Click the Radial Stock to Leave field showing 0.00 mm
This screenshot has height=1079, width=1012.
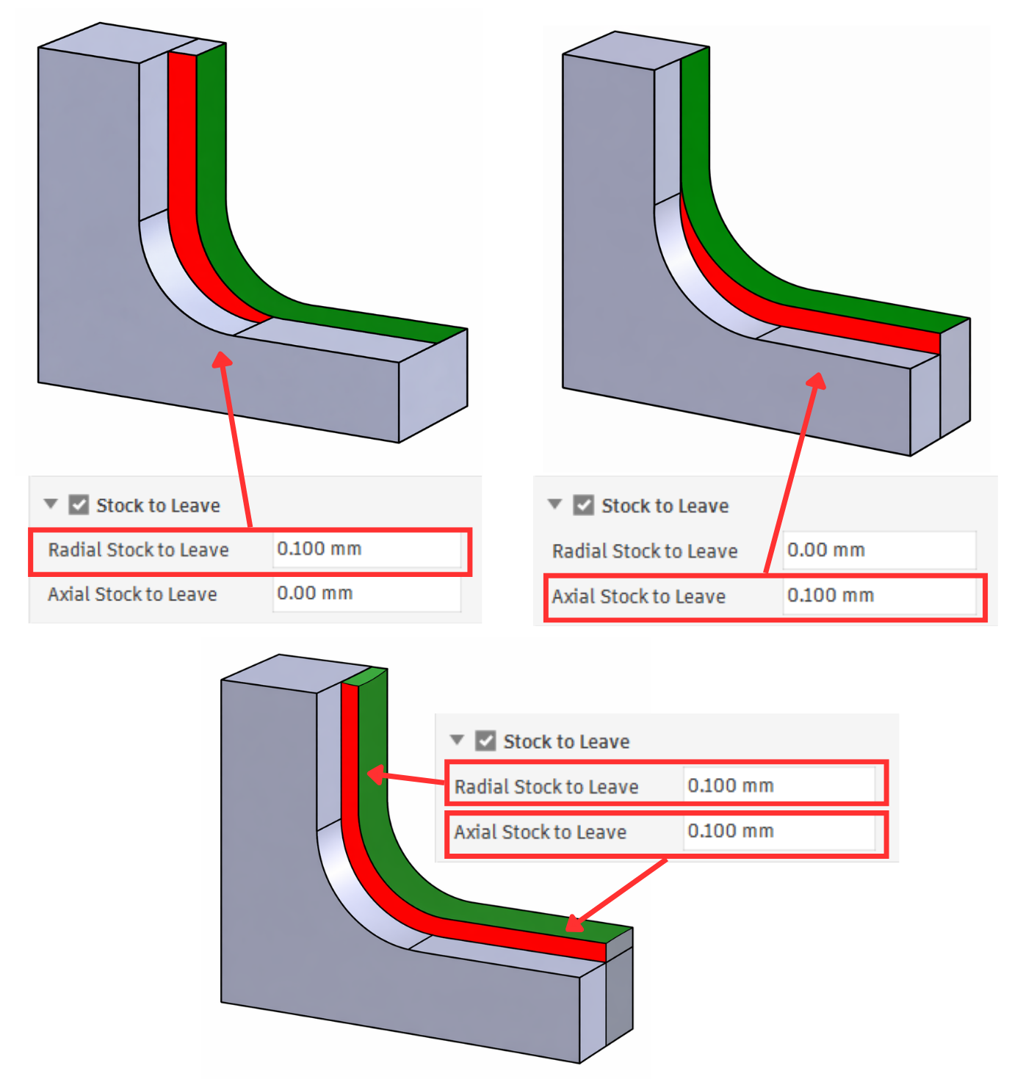point(879,550)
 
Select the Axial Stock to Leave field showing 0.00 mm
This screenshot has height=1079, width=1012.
point(367,593)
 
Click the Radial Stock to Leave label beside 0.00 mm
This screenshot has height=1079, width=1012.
point(644,551)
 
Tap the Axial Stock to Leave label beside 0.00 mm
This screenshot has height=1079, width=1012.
point(132,594)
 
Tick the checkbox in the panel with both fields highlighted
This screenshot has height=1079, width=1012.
point(485,741)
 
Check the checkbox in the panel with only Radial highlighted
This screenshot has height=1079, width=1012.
point(79,505)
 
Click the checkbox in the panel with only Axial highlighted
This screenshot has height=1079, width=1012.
point(583,505)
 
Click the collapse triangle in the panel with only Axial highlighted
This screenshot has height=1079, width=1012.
point(554,504)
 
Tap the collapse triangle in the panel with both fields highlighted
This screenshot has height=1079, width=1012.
point(457,740)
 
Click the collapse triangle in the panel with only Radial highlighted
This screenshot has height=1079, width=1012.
point(51,504)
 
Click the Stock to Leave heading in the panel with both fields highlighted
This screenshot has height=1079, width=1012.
point(566,741)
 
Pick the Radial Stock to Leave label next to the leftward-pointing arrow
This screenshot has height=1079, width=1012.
point(546,787)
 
